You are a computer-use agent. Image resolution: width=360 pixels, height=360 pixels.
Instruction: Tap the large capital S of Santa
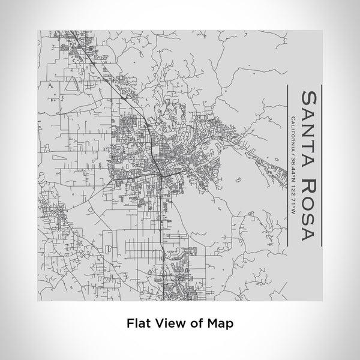pos(310,97)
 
